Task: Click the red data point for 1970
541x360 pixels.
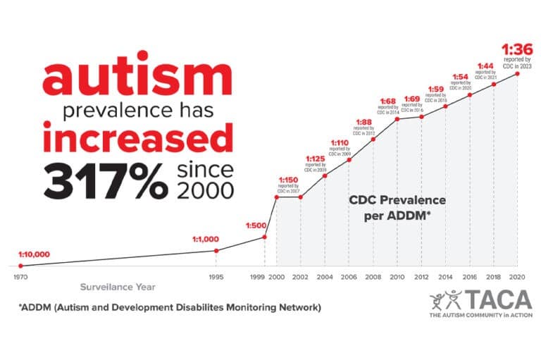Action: [x=20, y=266]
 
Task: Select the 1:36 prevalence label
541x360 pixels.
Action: [x=511, y=49]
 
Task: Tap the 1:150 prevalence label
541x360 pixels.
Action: [x=287, y=180]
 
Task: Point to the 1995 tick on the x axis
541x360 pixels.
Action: [x=217, y=276]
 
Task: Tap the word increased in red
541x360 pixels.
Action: [x=137, y=140]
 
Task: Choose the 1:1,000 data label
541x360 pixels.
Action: [x=206, y=239]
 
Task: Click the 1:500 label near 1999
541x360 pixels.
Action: [x=256, y=225]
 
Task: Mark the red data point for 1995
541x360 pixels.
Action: [x=217, y=250]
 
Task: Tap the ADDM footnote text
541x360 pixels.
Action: [x=170, y=308]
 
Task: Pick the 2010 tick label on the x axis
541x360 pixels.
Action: [x=398, y=276]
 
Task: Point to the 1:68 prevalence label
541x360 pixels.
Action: [x=389, y=101]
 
